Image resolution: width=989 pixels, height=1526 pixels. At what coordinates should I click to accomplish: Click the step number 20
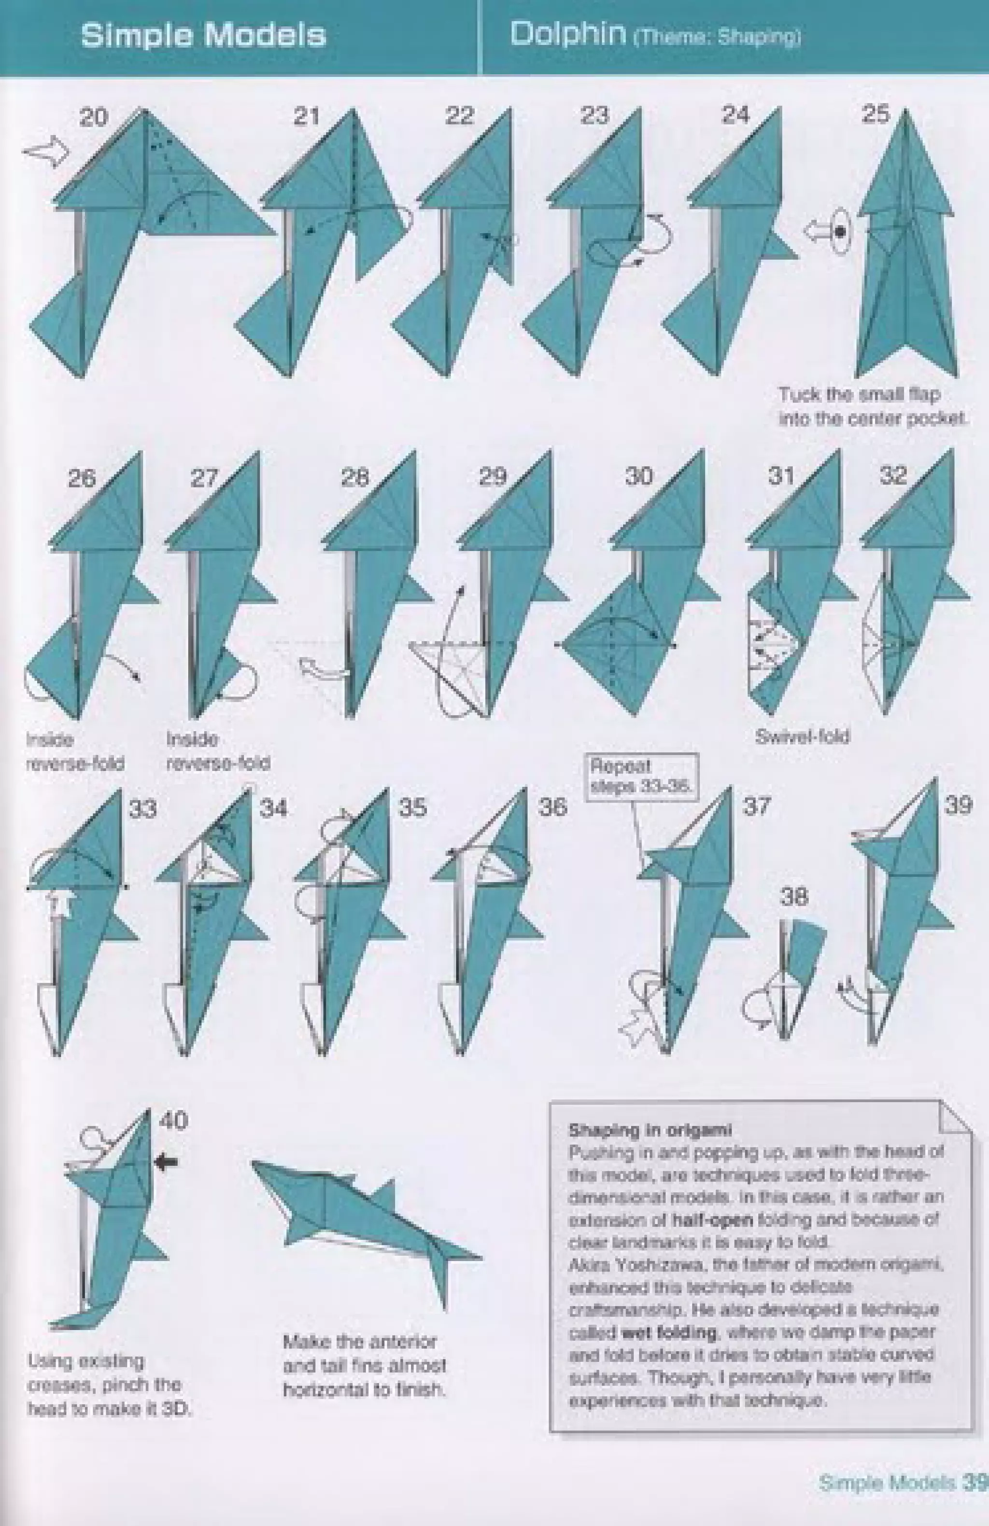94,118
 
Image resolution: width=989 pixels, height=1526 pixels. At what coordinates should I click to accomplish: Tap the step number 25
876,115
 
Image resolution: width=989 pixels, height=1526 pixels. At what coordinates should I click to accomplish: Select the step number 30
639,477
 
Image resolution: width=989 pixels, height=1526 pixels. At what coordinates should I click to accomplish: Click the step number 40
173,1120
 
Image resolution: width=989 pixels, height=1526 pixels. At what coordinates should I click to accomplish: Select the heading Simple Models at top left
203,35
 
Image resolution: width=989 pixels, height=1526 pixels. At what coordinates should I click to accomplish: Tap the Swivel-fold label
802,737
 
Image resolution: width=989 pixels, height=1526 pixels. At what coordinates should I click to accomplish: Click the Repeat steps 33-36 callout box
641,777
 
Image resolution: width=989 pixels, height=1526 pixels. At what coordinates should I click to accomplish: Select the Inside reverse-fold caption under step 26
74,751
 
